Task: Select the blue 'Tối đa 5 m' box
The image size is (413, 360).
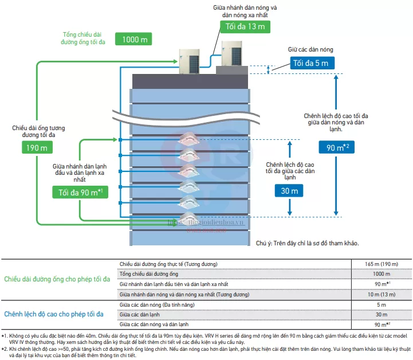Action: coord(310,63)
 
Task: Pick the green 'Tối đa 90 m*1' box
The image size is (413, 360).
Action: coord(80,192)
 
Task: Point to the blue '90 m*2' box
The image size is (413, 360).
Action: coord(337,147)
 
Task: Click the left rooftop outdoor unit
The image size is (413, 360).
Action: coord(190,61)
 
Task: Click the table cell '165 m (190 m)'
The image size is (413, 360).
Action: coord(381,263)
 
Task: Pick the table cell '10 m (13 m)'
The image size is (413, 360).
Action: coord(381,294)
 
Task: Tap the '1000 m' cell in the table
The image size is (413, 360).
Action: coord(381,273)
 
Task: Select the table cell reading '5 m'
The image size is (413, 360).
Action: coord(381,304)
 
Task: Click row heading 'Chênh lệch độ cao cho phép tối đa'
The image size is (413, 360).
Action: coord(54,314)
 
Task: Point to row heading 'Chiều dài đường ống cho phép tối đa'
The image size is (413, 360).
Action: coord(57,279)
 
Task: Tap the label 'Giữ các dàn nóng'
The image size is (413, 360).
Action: coord(310,50)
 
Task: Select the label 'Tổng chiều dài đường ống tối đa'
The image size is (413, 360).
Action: coord(86,38)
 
